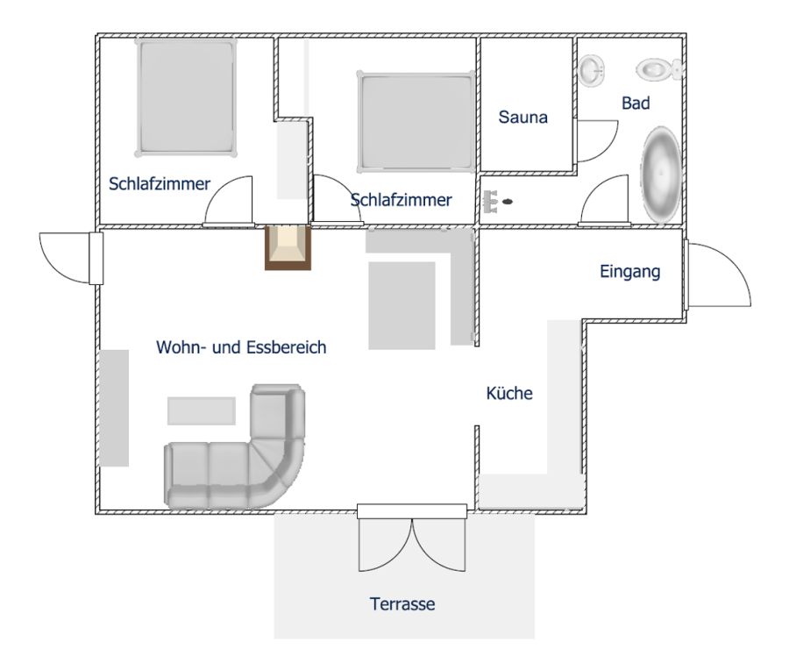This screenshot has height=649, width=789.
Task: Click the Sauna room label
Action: click(x=522, y=117)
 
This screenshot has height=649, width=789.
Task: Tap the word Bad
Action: click(x=636, y=103)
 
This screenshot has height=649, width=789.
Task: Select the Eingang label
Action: click(x=630, y=271)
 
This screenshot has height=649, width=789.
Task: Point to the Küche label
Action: click(x=509, y=393)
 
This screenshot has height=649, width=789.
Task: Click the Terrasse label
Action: click(x=402, y=603)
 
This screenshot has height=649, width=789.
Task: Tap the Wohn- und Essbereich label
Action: click(x=241, y=347)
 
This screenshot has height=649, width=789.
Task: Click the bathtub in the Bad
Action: click(x=661, y=175)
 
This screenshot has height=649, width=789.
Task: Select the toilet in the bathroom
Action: click(x=658, y=69)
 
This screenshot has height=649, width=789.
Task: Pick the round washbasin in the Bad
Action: click(x=591, y=69)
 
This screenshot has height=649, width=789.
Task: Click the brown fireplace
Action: click(x=288, y=247)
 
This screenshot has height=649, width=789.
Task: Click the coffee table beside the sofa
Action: click(x=202, y=410)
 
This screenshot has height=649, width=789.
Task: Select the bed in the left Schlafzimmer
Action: click(x=186, y=97)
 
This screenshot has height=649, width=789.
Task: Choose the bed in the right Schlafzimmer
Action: click(x=416, y=122)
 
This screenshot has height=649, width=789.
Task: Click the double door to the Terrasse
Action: click(x=412, y=538)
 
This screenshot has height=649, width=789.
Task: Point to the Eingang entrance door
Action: click(x=717, y=275)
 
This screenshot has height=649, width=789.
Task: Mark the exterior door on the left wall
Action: click(x=71, y=258)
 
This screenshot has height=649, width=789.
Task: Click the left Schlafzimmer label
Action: click(x=160, y=183)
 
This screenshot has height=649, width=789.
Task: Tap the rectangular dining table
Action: click(x=402, y=305)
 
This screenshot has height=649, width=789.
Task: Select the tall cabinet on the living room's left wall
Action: click(x=114, y=408)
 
